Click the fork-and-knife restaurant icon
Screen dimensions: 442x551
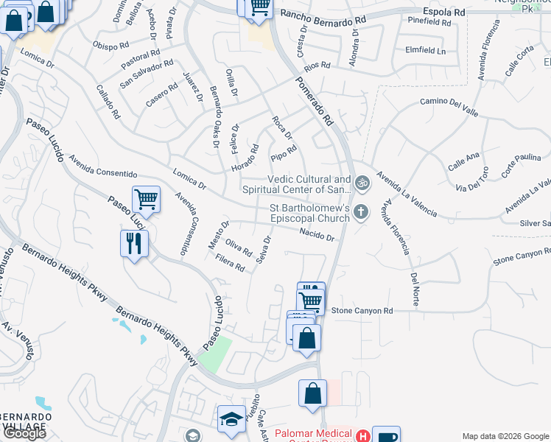point(133,245)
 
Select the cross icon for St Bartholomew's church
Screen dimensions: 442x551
point(361,213)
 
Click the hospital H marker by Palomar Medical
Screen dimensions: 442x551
point(362,436)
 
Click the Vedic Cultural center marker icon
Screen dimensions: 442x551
point(362,183)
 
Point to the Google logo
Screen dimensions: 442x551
point(24,433)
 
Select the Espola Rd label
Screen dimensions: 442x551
point(444,13)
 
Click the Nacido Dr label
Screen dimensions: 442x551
point(317,236)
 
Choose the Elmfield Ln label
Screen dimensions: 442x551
point(426,52)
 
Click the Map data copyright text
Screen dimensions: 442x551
point(506,436)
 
